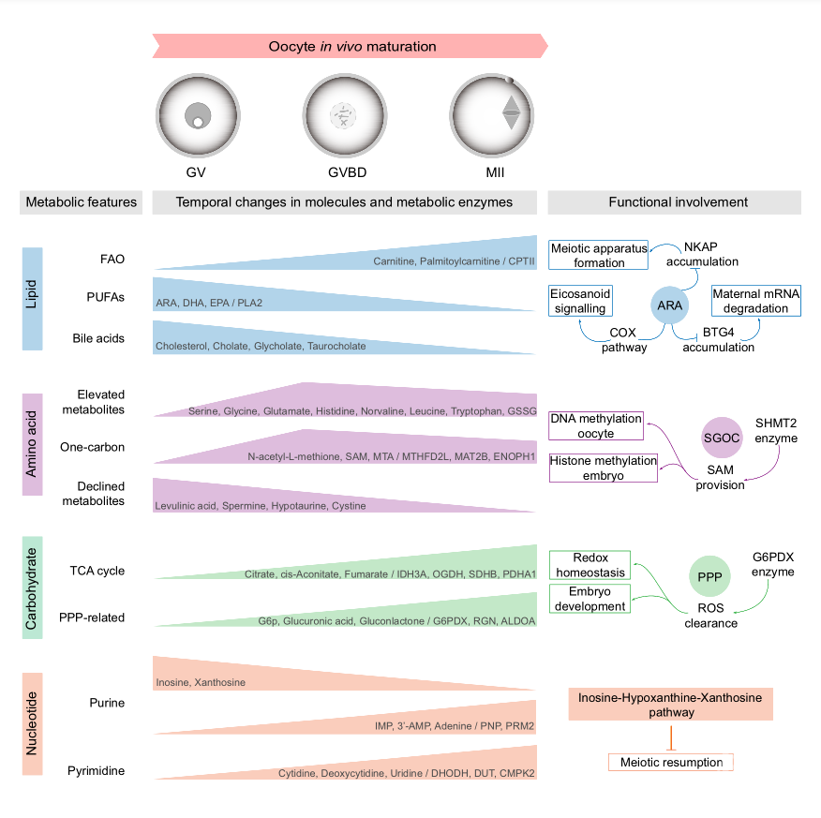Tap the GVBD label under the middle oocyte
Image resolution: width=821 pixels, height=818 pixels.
point(344,172)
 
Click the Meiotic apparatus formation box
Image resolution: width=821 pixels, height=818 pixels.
point(598,255)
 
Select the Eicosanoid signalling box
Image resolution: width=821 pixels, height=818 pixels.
point(580,301)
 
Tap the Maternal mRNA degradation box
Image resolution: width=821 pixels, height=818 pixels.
point(756,301)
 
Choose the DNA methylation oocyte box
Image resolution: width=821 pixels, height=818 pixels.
point(596,425)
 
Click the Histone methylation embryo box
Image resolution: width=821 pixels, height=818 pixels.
point(603,468)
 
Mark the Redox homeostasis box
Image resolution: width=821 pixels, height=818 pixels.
point(590,565)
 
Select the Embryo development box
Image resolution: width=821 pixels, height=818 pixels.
point(590,599)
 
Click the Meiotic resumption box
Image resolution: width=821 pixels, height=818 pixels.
point(671,763)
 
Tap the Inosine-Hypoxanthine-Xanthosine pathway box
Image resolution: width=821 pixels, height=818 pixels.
point(670,706)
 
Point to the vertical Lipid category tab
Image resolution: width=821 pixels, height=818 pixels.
point(32,299)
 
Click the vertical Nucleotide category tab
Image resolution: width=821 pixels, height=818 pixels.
point(32,718)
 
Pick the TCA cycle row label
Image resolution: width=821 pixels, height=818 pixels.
point(97,571)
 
